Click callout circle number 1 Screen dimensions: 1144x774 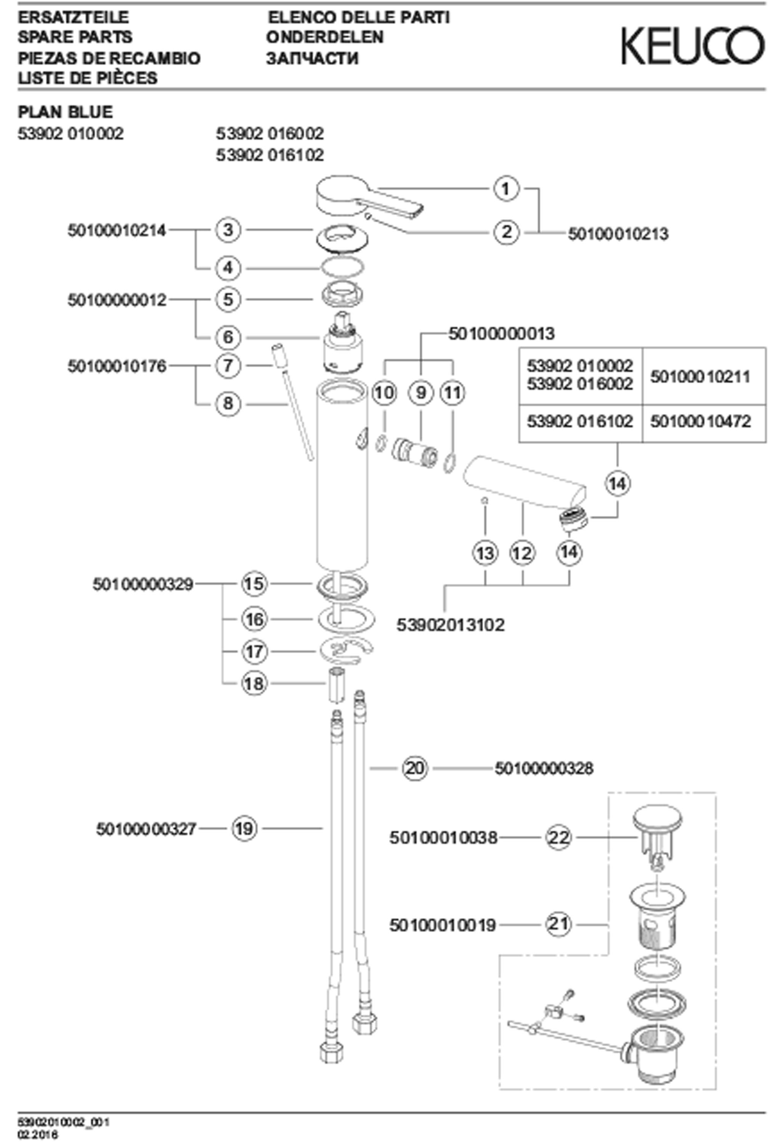coord(506,188)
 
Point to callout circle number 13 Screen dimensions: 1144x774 coord(485,553)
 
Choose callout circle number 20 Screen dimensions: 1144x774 coord(415,768)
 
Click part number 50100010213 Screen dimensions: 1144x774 coord(618,234)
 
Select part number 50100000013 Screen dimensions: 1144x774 coord(501,334)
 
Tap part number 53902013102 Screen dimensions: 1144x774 coord(450,625)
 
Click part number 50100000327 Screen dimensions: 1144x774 coord(146,829)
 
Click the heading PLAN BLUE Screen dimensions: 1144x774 coord(66,112)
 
